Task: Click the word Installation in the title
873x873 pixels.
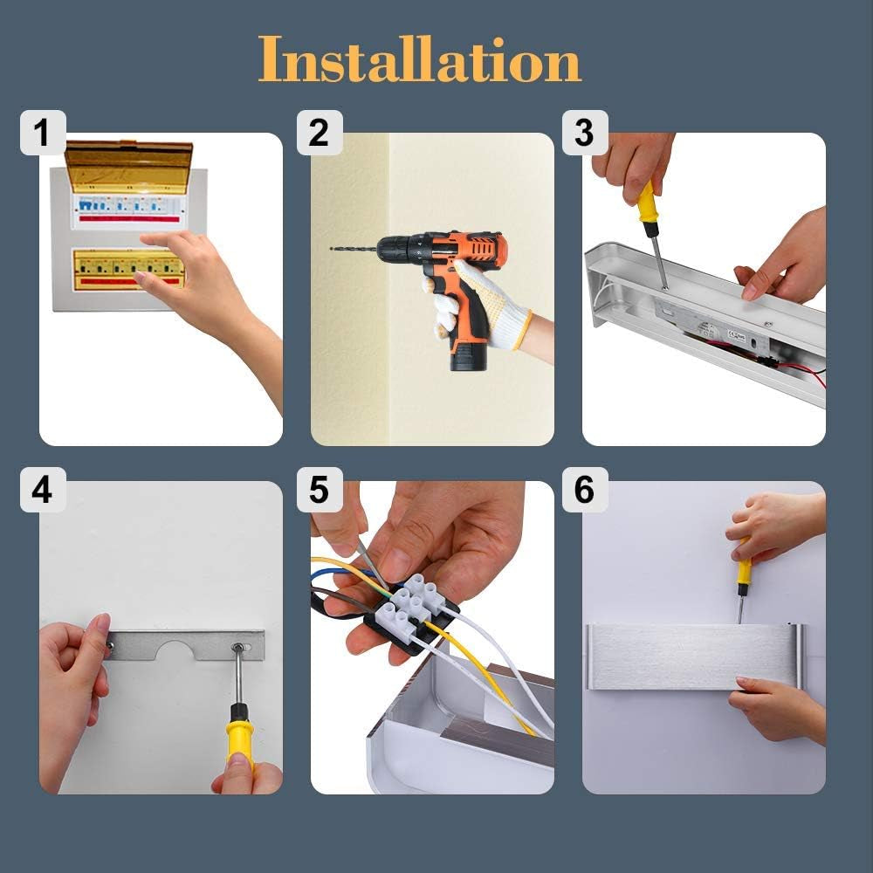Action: (x=419, y=59)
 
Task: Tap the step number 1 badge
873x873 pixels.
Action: (x=43, y=133)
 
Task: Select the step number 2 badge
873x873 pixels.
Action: (x=319, y=133)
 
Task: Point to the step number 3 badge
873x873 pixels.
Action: (x=585, y=133)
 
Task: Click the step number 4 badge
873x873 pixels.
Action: (x=43, y=490)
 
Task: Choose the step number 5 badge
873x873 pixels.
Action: (x=319, y=490)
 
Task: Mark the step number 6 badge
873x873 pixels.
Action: (x=585, y=490)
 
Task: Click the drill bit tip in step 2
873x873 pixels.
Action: (x=331, y=248)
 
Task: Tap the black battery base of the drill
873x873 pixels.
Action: (x=468, y=356)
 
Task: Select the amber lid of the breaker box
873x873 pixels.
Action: (x=129, y=165)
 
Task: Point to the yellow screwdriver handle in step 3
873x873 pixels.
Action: (x=647, y=202)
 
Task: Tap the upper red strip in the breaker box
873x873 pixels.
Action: (x=129, y=219)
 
